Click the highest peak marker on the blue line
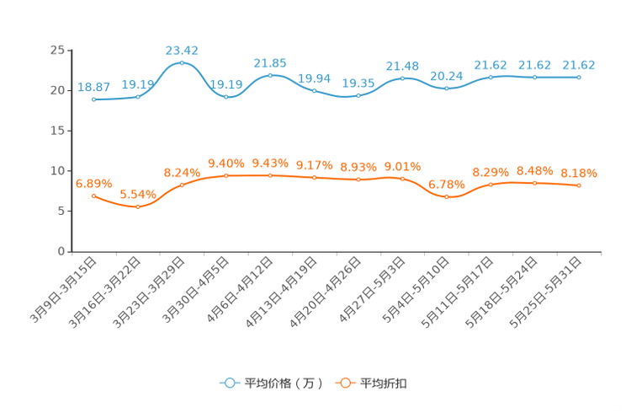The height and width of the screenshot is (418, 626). coord(182,62)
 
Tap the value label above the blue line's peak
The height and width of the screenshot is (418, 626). coord(182,50)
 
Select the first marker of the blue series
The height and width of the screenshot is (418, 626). coord(93,99)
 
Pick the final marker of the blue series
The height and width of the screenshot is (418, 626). coord(579,77)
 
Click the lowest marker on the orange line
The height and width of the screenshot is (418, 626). coord(138,206)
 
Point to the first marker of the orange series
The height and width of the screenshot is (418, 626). coord(93,196)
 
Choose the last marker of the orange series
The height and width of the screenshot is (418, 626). coord(579,185)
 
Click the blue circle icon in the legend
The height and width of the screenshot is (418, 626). coord(229,383)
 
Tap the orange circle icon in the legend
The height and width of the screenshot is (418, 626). coord(344,383)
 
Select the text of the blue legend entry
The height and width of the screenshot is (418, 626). coord(283,383)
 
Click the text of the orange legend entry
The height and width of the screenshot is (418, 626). coord(385,383)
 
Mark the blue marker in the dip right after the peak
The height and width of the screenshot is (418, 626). coord(225,96)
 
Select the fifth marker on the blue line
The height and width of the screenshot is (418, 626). coord(270,75)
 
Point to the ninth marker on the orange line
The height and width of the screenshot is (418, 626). coord(446,196)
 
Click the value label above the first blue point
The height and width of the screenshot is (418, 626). coord(93,86)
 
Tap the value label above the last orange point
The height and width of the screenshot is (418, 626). coord(579,174)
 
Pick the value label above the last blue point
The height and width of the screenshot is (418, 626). coord(579,65)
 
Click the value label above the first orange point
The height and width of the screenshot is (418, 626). coord(93,183)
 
